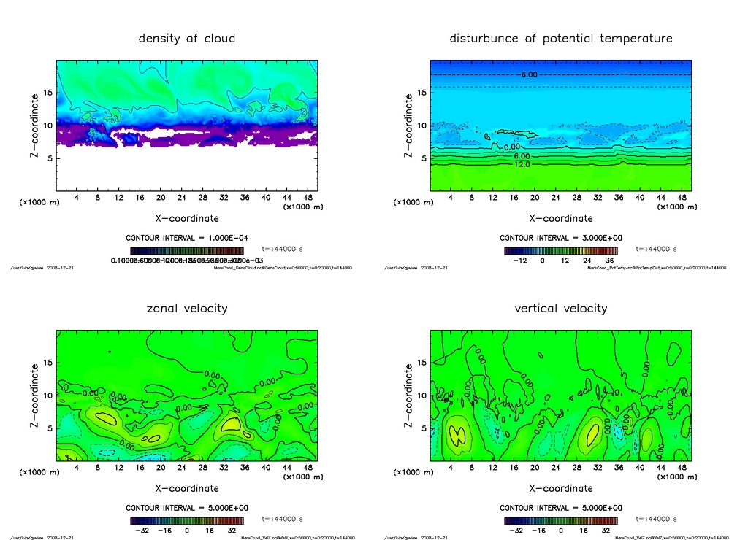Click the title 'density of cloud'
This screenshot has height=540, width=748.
coord(187,39)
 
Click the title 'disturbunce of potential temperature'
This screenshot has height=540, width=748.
coord(560,39)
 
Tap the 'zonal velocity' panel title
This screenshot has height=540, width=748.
coord(187,309)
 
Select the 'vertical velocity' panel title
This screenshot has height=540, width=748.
coord(560,309)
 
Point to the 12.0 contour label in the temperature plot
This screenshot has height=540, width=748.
coord(522,165)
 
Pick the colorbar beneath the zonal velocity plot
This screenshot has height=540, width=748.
coord(187,521)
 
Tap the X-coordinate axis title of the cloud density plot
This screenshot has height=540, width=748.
coord(187,218)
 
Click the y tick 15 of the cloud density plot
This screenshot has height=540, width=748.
coord(48,93)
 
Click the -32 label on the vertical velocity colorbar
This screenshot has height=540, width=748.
coord(514,531)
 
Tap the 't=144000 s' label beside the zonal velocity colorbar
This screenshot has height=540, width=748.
coord(283,520)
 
